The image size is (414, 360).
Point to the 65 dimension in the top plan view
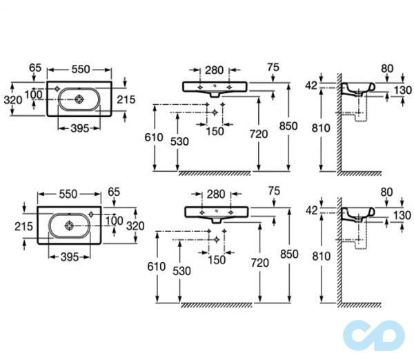pos(37,68)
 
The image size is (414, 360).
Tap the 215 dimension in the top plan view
pos(126,99)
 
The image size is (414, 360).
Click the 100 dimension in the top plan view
pos(34,94)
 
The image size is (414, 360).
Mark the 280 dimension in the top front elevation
pos(213,70)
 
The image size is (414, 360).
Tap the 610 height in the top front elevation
pos(153,137)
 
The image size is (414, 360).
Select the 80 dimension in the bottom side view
pos(386,191)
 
